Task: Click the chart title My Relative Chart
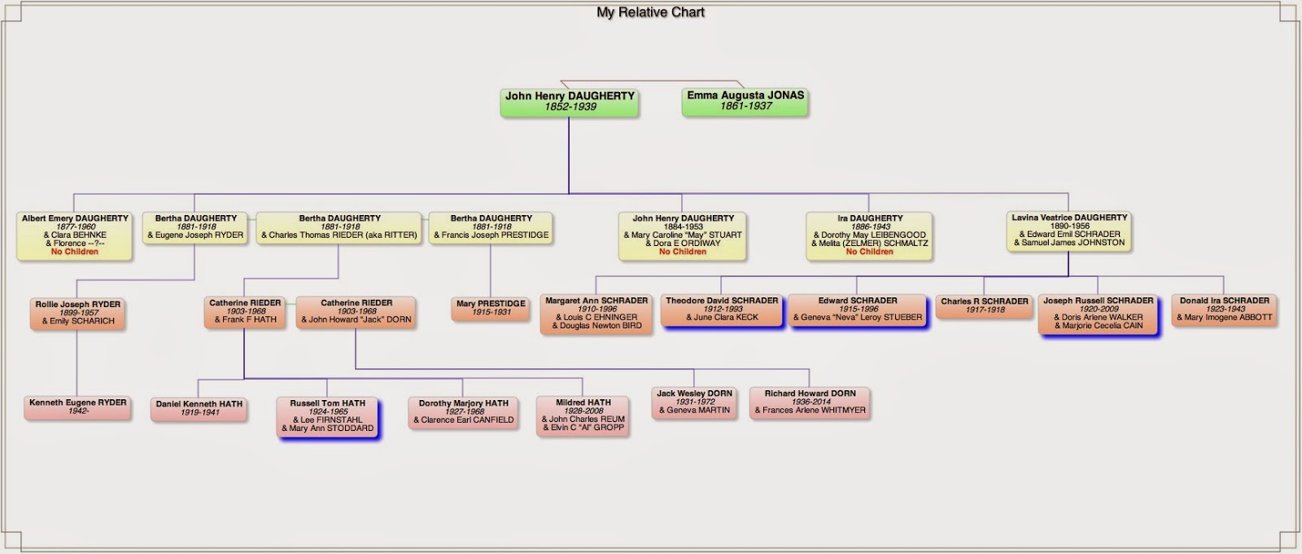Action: [x=650, y=12]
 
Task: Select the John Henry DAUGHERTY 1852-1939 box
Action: [x=569, y=101]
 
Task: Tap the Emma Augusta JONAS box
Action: [x=745, y=101]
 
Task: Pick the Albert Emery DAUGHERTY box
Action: [x=75, y=235]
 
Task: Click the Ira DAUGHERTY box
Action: [x=869, y=235]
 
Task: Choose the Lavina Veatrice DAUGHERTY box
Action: [x=1069, y=231]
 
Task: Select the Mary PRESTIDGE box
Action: [x=491, y=308]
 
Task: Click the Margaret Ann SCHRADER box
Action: [x=596, y=314]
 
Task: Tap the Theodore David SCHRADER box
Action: [x=722, y=310]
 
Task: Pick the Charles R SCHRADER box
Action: [x=985, y=306]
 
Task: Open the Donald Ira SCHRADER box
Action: [x=1224, y=310]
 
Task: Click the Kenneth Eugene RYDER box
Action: [x=78, y=407]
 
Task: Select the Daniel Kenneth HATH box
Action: [x=199, y=408]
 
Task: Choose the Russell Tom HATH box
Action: [x=328, y=415]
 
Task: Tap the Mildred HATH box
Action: [x=583, y=415]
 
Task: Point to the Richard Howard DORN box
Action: [x=810, y=402]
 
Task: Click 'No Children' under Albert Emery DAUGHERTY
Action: [x=75, y=253]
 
